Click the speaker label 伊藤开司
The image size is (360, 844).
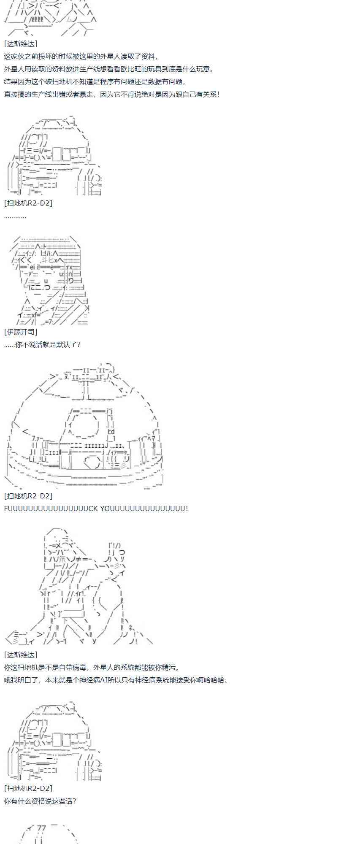click(21, 332)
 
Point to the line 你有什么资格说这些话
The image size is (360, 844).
click(40, 801)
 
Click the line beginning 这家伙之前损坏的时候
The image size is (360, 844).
click(81, 57)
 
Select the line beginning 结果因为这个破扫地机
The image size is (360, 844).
click(95, 82)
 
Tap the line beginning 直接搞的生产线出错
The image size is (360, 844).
click(112, 95)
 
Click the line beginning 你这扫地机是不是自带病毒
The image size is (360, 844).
click(92, 668)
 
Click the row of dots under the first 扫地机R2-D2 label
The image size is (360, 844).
click(15, 217)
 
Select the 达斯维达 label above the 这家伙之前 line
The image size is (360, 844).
click(21, 44)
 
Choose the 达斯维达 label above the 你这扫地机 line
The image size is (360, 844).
click(21, 655)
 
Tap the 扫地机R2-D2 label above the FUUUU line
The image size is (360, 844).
click(28, 496)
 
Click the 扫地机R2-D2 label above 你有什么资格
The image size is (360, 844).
click(28, 788)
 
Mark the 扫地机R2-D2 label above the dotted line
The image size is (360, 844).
click(28, 203)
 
